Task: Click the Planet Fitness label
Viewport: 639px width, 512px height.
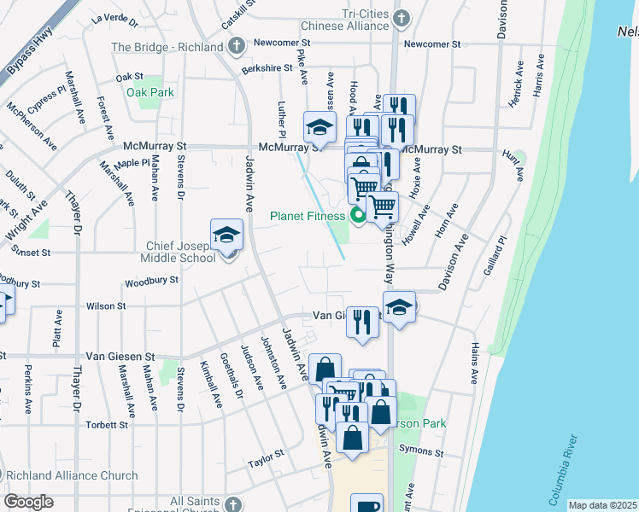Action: pyautogui.click(x=308, y=216)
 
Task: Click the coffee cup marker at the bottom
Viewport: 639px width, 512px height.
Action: pyautogui.click(x=366, y=504)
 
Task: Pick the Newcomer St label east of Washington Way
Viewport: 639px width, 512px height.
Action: pyautogui.click(x=432, y=44)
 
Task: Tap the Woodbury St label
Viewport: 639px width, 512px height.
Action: pyautogui.click(x=150, y=280)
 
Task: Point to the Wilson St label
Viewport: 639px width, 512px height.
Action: pyautogui.click(x=106, y=305)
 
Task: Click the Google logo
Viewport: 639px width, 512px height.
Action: pyautogui.click(x=28, y=502)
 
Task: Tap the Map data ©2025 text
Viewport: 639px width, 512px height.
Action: pyautogui.click(x=602, y=505)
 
